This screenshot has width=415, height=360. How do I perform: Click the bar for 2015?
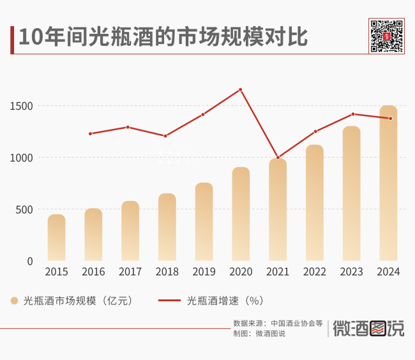[x=56, y=237]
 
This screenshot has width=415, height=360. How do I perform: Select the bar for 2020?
[x=241, y=214]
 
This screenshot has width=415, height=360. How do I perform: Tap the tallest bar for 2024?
[x=388, y=183]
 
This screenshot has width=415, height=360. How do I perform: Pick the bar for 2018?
[x=167, y=227]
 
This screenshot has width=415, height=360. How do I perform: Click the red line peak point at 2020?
[x=241, y=89]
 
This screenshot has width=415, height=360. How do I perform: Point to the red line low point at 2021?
[x=278, y=158]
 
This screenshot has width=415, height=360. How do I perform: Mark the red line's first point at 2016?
[x=90, y=133]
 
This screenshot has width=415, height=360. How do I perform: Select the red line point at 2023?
[x=352, y=114]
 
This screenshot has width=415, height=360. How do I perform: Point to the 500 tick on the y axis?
[x=26, y=209]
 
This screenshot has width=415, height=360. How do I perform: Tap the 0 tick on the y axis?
[x=31, y=261]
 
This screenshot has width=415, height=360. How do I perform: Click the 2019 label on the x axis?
[x=204, y=272]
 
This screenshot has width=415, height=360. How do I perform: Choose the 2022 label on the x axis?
[x=314, y=272]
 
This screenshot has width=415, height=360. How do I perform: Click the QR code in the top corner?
[x=387, y=36]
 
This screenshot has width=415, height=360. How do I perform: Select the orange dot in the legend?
[x=14, y=300]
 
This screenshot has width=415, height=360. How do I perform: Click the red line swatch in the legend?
[x=169, y=300]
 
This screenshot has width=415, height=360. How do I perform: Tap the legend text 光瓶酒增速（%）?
[x=225, y=300]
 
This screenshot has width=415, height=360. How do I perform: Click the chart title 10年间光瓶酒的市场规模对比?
[x=163, y=38]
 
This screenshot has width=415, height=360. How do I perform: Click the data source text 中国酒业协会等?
[x=297, y=323]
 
